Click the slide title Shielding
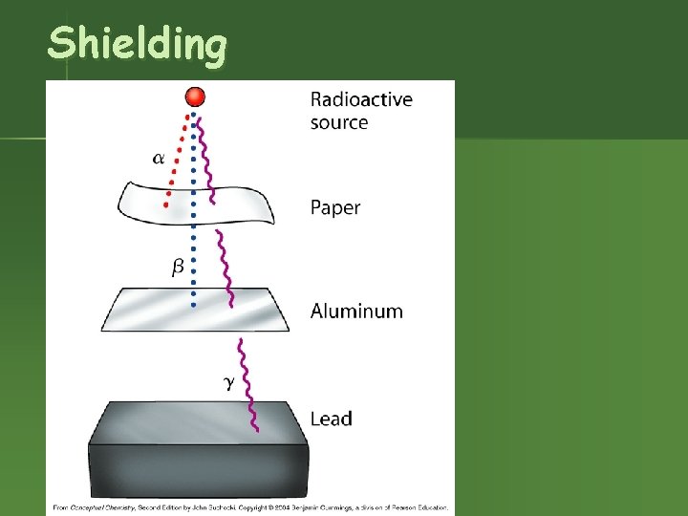pos(138,44)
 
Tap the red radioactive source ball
pos(195,97)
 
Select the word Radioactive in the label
pos(361,99)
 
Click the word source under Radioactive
pos(339,122)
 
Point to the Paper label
pos(335,207)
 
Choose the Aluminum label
pos(356,311)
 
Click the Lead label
pos(332,419)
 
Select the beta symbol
pos(178,269)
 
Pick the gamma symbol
pos(228,383)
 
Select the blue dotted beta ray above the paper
pos(195,153)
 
